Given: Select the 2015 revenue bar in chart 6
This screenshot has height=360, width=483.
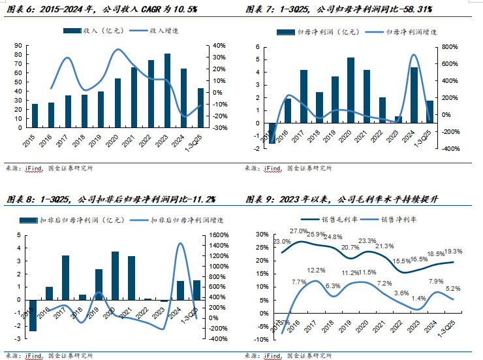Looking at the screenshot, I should (35, 116).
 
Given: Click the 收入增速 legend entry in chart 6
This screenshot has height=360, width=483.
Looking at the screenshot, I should (151, 31).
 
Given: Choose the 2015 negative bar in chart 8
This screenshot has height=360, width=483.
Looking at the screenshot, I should (32, 315).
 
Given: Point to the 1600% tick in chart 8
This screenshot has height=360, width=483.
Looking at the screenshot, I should (218, 235).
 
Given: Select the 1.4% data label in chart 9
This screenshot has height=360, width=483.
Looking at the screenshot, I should (418, 298).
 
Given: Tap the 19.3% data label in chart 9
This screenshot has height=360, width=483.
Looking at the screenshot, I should (453, 251).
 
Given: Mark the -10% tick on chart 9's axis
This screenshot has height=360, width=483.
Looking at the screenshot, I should (262, 339).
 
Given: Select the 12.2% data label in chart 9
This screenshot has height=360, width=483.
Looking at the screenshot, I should (316, 270).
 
